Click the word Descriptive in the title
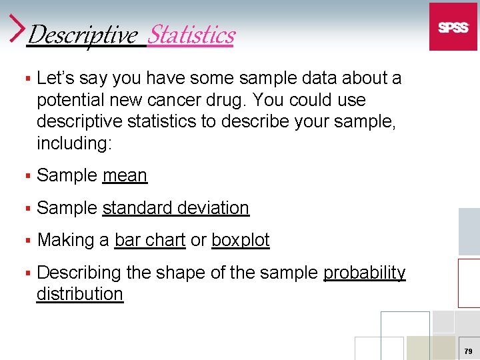(x=82, y=34)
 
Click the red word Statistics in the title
(x=191, y=34)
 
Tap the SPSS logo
(x=453, y=27)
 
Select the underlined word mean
(x=125, y=175)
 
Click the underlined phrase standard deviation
(x=175, y=208)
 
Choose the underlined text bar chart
(x=149, y=240)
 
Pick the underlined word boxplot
(x=240, y=240)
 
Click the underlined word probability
(x=364, y=273)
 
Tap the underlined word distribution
(x=80, y=294)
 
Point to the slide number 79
(x=468, y=351)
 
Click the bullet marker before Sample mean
(x=27, y=176)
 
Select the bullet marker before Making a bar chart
(x=27, y=241)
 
